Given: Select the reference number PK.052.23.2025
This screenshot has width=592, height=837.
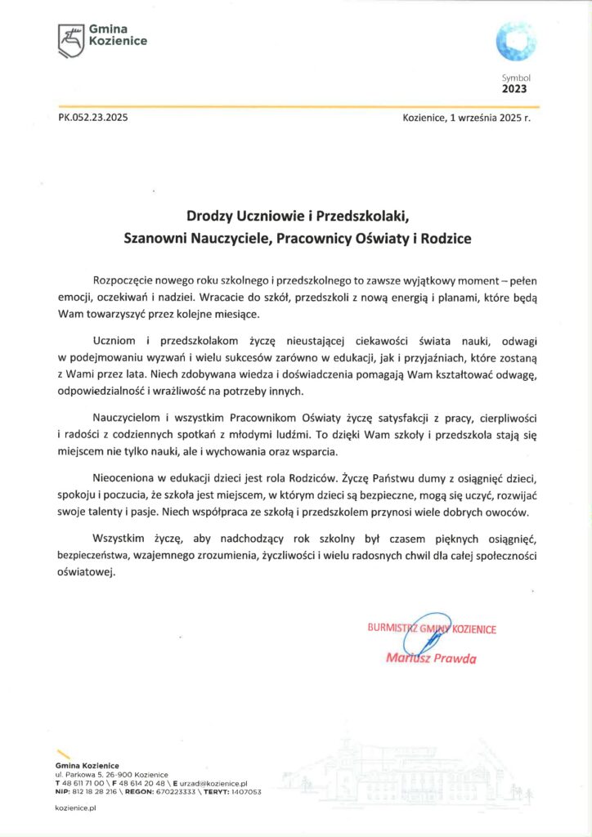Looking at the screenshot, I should [x=93, y=117].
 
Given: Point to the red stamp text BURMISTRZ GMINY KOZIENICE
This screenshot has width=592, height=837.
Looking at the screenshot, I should [x=432, y=629].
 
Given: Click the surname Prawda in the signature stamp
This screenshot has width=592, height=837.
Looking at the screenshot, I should [x=454, y=659].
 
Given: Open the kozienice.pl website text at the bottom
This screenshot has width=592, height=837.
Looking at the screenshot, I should [x=76, y=808].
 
